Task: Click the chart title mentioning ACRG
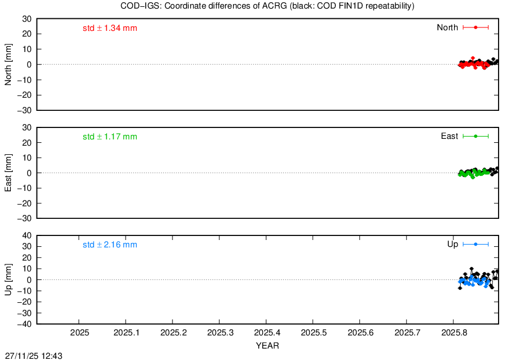tap(267, 6)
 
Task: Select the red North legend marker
tap(476, 27)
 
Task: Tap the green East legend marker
tap(476, 136)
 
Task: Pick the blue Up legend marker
tap(476, 244)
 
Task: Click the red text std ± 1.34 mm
tap(110, 28)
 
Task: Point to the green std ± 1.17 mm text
tap(110, 137)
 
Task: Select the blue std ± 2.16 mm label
tap(110, 245)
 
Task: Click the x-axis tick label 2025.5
tap(314, 333)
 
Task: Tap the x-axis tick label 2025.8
tap(454, 333)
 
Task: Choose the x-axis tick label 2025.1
tap(126, 333)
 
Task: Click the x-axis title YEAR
tap(267, 346)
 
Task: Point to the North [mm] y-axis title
tap(8, 65)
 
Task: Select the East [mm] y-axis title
tap(8, 173)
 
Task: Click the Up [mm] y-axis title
tap(8, 279)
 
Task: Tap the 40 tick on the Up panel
tap(27, 236)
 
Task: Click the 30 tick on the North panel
tap(27, 19)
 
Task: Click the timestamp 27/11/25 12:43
tap(34, 356)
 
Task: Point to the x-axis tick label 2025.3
tap(220, 333)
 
